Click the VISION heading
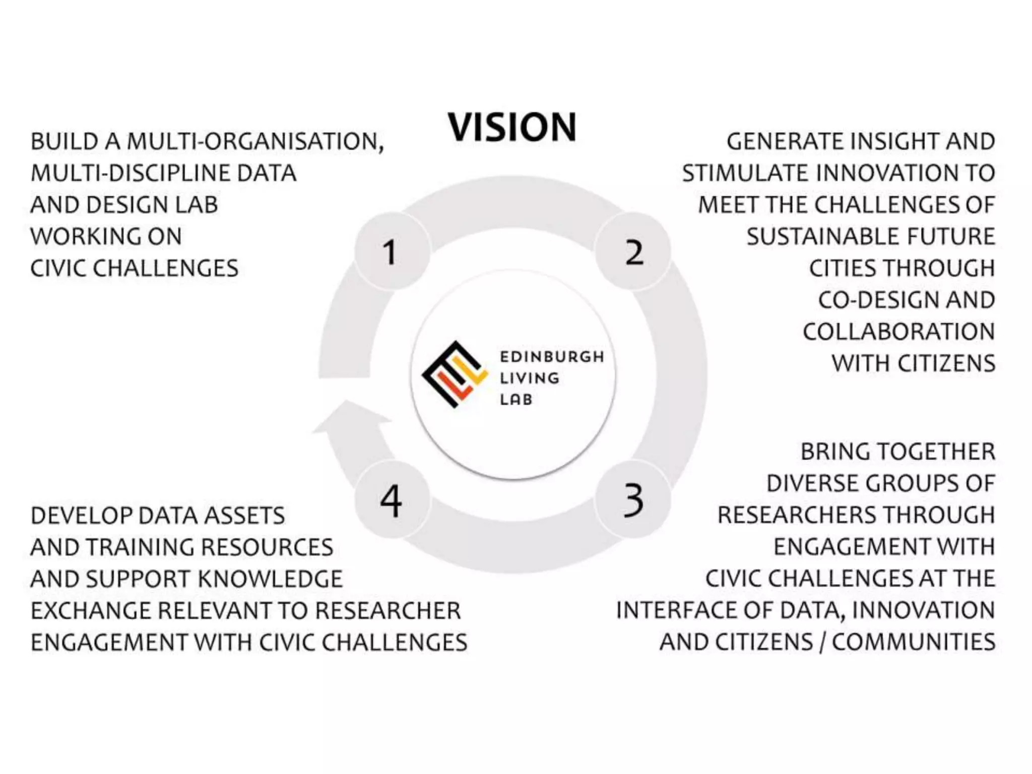pos(511,127)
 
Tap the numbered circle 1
pos(392,251)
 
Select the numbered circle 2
pos(633,251)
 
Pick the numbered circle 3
pos(633,499)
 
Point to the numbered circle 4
pos(392,499)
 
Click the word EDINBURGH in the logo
pos(551,357)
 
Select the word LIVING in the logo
pos(529,378)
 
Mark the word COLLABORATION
pos(898,332)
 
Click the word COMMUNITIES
pos(913,642)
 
